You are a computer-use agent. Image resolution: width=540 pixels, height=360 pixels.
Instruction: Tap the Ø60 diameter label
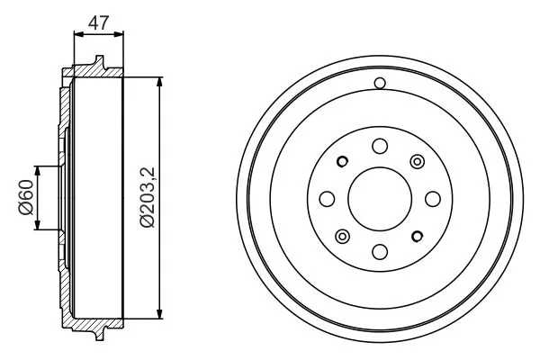(25, 198)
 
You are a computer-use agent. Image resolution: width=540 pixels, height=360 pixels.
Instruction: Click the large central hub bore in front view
(379, 198)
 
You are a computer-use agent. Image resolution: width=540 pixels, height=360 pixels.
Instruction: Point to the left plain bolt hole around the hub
(327, 198)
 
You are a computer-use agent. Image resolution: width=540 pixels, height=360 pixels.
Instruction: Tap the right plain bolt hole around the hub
(432, 198)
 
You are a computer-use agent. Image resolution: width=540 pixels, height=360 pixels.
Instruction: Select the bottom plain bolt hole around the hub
(379, 250)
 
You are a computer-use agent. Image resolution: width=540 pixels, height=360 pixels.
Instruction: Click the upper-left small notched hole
(342, 161)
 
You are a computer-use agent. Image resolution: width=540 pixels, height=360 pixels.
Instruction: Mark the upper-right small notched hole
(417, 161)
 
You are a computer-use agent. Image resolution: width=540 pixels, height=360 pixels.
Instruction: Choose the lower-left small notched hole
(342, 236)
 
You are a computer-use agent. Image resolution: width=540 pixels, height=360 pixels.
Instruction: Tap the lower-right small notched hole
(417, 236)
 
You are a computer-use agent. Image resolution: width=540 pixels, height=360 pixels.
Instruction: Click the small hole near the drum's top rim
(379, 85)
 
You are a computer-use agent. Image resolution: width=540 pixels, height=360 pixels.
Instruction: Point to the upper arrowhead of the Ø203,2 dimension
(160, 82)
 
